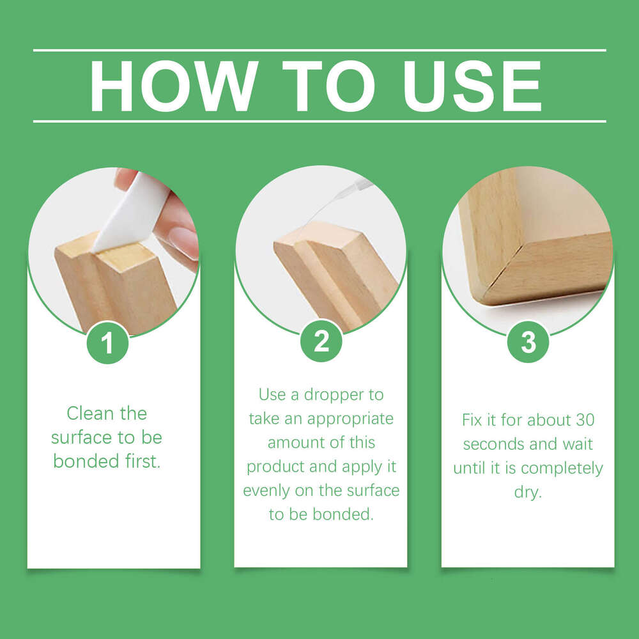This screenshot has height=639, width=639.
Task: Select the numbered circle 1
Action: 107,343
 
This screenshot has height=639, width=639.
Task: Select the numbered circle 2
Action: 321,341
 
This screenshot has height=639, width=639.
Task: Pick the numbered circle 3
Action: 528,343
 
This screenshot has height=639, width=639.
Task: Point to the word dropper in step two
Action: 353,394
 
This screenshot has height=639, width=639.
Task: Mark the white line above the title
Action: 319,50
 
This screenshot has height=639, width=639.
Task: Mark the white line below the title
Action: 319,121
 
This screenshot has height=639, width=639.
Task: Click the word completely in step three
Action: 562,469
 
